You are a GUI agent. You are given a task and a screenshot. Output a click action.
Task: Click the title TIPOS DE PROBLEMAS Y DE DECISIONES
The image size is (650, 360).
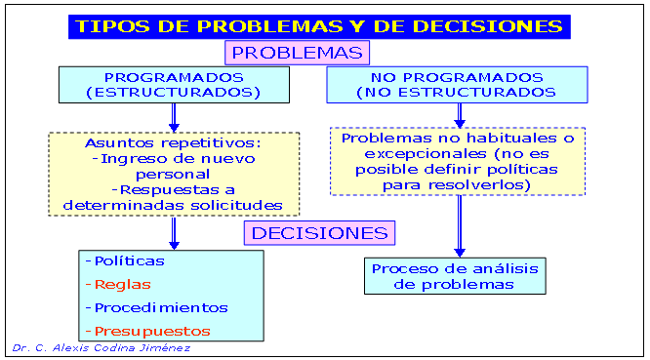point(318,26)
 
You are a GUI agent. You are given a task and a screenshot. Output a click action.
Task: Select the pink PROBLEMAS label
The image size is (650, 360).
point(298,52)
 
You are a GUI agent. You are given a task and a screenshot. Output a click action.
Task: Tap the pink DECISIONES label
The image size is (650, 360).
point(319,233)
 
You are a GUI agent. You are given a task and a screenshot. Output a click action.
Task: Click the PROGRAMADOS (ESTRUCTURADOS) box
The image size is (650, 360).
point(173,85)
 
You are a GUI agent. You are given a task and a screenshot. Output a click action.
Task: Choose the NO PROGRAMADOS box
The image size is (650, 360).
point(456,85)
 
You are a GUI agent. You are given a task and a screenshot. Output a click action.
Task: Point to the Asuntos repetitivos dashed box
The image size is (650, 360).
point(174,174)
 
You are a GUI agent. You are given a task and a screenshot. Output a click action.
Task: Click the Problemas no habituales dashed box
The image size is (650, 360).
point(457,161)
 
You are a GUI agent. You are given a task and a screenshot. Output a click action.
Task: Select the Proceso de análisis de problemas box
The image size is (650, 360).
point(455,276)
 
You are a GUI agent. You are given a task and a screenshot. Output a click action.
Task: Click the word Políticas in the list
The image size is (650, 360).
point(129,261)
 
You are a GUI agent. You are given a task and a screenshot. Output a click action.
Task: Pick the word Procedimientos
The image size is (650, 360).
point(160,307)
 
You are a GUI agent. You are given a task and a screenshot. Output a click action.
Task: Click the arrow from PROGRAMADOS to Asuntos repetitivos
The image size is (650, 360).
point(174,117)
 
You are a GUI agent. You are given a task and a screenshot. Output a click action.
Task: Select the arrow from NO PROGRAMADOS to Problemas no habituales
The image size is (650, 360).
point(459,114)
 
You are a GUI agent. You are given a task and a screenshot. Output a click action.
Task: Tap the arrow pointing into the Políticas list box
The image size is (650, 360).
point(174,232)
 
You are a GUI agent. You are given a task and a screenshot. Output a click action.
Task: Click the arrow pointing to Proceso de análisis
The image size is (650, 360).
point(459,226)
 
